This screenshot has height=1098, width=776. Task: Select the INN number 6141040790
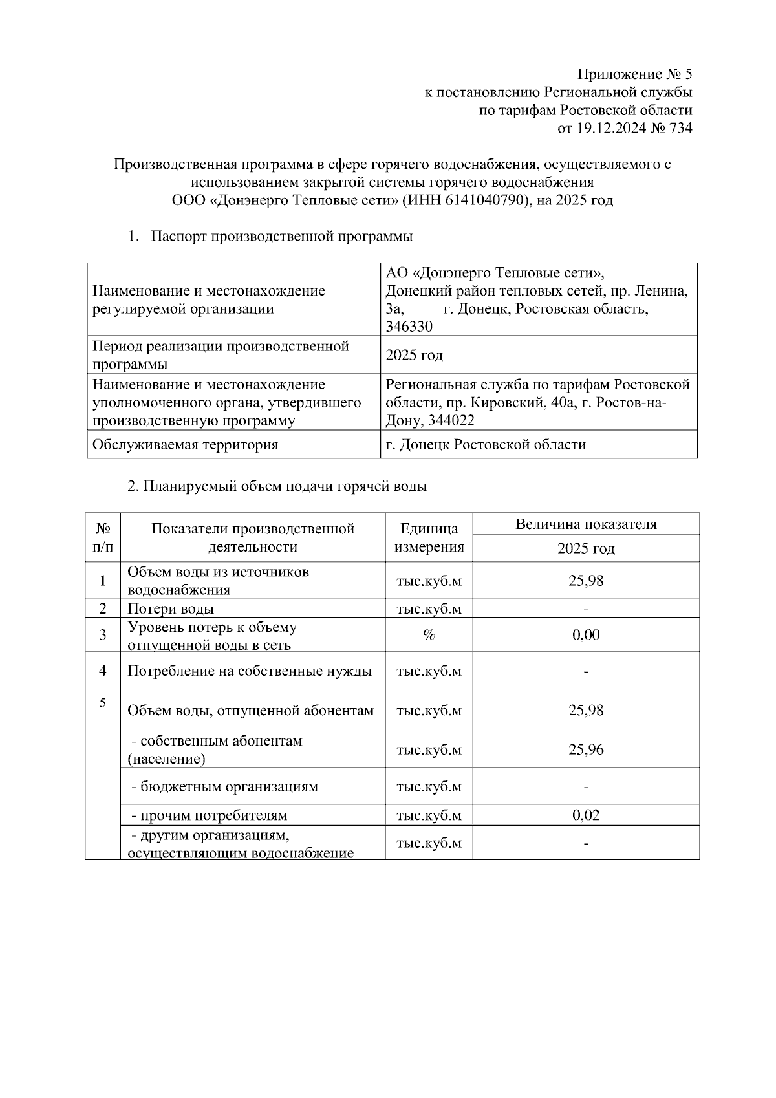tap(483, 200)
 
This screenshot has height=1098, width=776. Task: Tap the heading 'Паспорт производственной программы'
tap(281, 237)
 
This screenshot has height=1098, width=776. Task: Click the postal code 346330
tap(409, 327)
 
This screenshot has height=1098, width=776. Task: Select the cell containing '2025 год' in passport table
tap(414, 356)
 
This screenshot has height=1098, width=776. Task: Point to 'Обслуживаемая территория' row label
tap(186, 445)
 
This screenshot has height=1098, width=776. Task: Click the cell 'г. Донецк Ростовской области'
tap(486, 445)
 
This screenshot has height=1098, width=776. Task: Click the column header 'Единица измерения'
tap(429, 538)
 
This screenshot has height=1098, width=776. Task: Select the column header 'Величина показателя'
tap(586, 524)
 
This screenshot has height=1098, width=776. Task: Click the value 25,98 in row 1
tap(586, 581)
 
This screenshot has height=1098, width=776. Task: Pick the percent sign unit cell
tap(429, 635)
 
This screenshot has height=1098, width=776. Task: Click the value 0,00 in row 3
tap(586, 635)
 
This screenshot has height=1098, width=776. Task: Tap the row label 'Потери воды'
tap(171, 609)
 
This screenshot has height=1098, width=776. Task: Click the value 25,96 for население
tap(586, 750)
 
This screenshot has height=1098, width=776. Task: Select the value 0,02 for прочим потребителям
tap(586, 815)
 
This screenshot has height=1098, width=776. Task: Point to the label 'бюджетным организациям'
tap(224, 787)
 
